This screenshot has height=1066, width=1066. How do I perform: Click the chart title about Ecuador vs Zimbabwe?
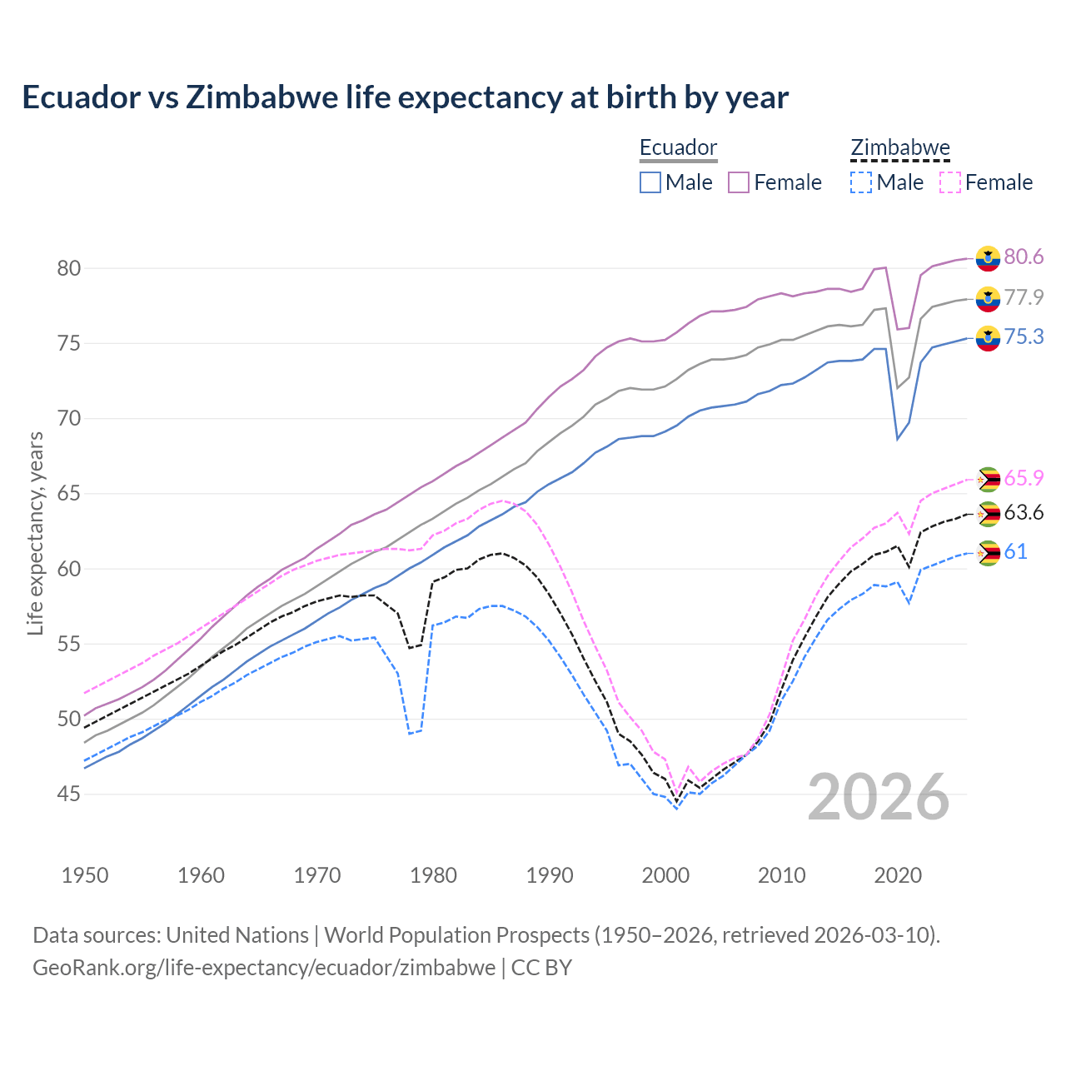tap(405, 97)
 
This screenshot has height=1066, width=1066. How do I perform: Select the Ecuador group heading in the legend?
tap(678, 148)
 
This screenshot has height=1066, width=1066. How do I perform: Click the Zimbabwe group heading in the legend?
tap(899, 148)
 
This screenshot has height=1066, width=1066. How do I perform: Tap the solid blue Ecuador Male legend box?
tap(650, 182)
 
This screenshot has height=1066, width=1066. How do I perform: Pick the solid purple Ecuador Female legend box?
tap(739, 182)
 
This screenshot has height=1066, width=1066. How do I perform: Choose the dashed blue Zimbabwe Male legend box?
tap(861, 182)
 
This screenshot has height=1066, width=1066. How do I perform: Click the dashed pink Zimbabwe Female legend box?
tap(950, 182)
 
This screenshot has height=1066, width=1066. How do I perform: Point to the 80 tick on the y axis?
tap(68, 268)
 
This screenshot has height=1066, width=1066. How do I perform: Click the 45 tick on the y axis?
tap(68, 795)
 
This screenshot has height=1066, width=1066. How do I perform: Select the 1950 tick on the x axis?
tap(85, 875)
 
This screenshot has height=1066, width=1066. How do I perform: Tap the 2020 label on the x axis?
tap(898, 875)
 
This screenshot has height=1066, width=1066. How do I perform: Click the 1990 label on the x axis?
tap(550, 875)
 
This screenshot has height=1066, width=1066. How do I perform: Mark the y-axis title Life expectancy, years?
tap(35, 533)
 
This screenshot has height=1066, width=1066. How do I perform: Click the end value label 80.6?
tap(1024, 257)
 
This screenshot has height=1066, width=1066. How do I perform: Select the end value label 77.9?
tap(1024, 297)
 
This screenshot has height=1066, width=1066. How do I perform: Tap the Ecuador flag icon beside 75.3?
tap(988, 337)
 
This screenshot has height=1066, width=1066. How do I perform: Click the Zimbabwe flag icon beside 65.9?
tap(988, 479)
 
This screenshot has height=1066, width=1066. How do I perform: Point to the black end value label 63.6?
tap(1024, 512)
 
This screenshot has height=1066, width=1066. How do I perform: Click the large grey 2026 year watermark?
tap(879, 797)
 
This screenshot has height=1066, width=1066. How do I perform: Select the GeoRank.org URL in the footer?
tap(263, 968)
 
